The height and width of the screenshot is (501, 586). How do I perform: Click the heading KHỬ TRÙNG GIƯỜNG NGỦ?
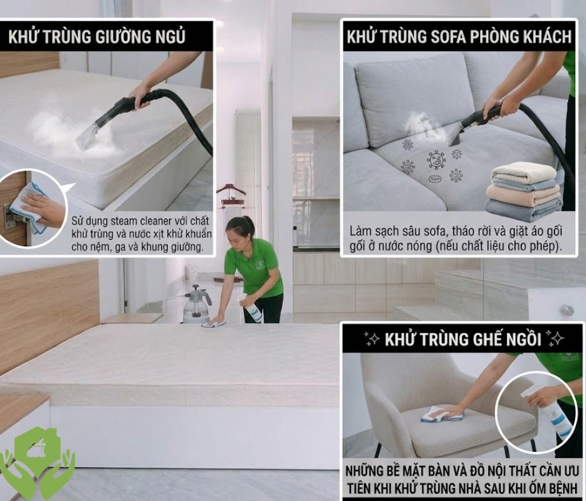tap(97, 37)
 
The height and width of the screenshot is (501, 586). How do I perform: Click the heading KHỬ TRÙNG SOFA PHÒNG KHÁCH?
tap(459, 37)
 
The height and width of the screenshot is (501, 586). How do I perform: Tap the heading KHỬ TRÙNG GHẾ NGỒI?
tap(462, 339)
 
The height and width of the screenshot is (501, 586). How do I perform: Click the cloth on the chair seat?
tap(442, 415)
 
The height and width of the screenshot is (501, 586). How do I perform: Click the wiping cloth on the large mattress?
tap(213, 324)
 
